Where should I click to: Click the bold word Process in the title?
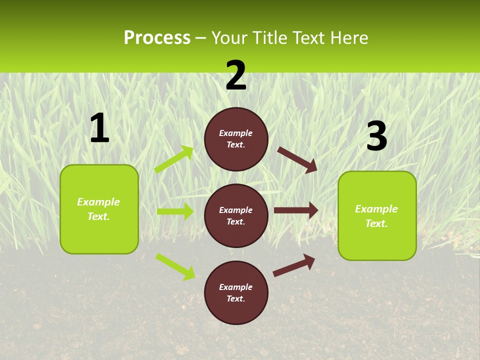coord(157,38)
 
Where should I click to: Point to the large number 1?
coord(99,128)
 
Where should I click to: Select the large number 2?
coord(236,75)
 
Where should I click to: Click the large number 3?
coord(376,136)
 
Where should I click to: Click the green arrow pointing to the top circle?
coord(174,159)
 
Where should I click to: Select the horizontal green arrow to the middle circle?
coord(175,211)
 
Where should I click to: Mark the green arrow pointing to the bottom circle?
coord(175,266)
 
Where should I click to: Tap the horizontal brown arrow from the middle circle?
coord(296,210)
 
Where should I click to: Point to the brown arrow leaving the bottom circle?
coord(294,265)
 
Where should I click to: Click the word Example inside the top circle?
coord(236,133)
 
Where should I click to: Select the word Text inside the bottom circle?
coord(235,298)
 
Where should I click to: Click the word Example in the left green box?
coord(98,202)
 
